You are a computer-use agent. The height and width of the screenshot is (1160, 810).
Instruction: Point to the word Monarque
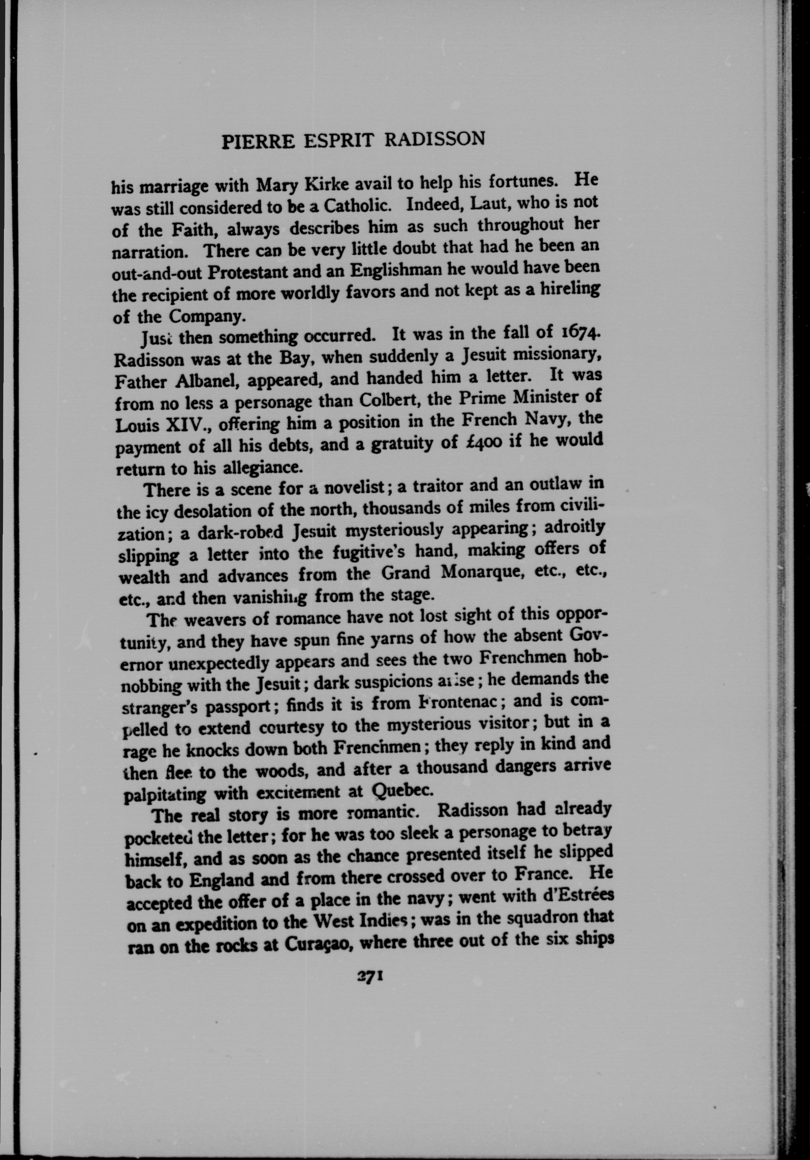click(477, 572)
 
